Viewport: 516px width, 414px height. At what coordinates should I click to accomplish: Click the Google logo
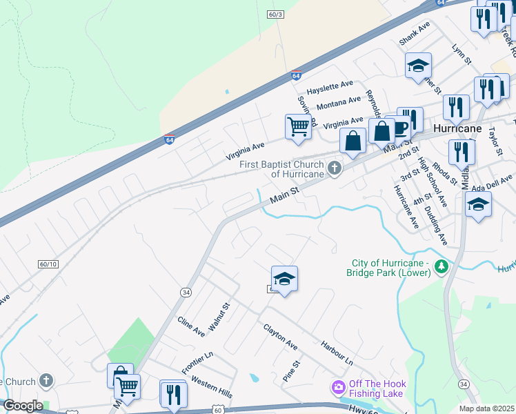click(23, 406)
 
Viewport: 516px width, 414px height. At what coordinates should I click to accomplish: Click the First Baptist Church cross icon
click(335, 168)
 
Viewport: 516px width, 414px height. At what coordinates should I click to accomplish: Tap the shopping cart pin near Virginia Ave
click(297, 127)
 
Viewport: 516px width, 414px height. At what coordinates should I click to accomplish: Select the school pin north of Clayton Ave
click(284, 279)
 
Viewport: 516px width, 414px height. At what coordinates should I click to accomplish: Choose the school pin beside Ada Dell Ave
click(478, 204)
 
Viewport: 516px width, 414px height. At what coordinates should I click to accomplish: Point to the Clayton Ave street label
click(280, 335)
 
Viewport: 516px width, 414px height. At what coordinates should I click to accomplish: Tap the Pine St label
click(292, 371)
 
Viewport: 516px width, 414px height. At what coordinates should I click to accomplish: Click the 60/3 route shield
click(275, 14)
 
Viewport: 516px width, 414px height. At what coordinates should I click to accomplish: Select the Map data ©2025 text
click(486, 408)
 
